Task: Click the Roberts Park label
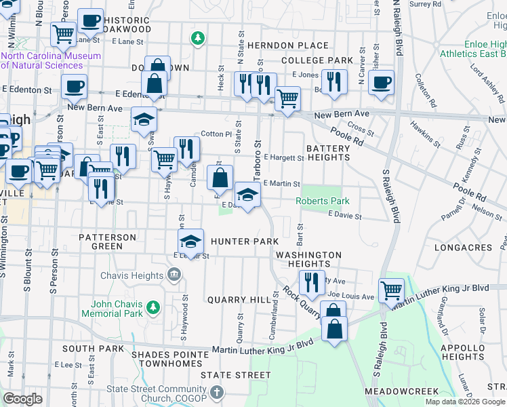tap(322, 201)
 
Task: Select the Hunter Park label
tap(245, 241)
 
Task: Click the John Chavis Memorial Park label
tap(113, 309)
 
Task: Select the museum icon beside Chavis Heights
tap(174, 275)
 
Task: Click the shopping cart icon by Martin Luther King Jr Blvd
tap(391, 290)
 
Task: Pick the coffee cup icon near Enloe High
tap(381, 82)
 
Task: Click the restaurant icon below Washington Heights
tap(310, 282)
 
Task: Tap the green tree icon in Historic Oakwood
tap(197, 38)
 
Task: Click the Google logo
tap(23, 399)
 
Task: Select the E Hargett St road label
tap(283, 157)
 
